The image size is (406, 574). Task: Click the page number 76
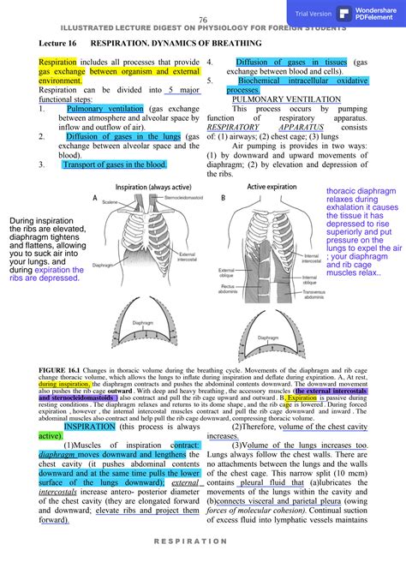tap(203, 20)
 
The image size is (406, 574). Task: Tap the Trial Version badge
tap(313, 14)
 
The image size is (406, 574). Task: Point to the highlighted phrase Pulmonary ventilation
tap(105, 109)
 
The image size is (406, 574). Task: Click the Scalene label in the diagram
tap(108, 202)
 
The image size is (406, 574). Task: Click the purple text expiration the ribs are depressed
tap(46, 273)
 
